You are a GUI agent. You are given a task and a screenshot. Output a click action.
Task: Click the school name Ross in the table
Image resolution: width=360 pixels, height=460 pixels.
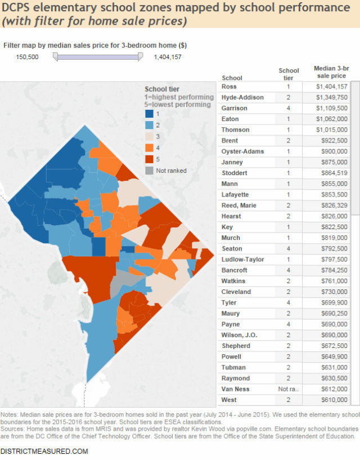tap(229, 87)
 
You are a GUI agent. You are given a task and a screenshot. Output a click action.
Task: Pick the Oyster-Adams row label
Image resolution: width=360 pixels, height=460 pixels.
tap(242, 151)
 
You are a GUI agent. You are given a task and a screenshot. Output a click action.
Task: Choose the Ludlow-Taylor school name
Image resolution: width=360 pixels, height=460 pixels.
tap(243, 260)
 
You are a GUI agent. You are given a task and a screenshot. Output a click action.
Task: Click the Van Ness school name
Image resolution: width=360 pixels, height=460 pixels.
tap(236, 389)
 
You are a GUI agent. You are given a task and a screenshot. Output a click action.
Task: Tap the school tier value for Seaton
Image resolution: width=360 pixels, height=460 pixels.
tap(289, 249)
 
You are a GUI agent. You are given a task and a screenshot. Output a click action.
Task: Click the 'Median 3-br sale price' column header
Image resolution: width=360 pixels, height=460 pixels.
tap(329, 72)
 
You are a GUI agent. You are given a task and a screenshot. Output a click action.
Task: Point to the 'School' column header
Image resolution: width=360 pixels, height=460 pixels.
tap(232, 78)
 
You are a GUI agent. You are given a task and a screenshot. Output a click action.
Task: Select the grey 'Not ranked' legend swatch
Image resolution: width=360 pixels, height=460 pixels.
tap(150, 171)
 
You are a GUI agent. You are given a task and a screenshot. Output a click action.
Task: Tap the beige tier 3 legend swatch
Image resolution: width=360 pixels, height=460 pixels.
tap(150, 137)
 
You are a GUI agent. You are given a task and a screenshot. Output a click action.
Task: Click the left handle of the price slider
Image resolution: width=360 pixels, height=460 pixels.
tap(55, 56)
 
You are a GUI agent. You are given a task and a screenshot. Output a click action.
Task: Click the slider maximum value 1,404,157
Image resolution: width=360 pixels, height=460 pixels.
tap(167, 57)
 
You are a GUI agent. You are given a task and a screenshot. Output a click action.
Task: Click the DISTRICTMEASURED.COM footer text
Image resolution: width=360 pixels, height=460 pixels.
tap(44, 451)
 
